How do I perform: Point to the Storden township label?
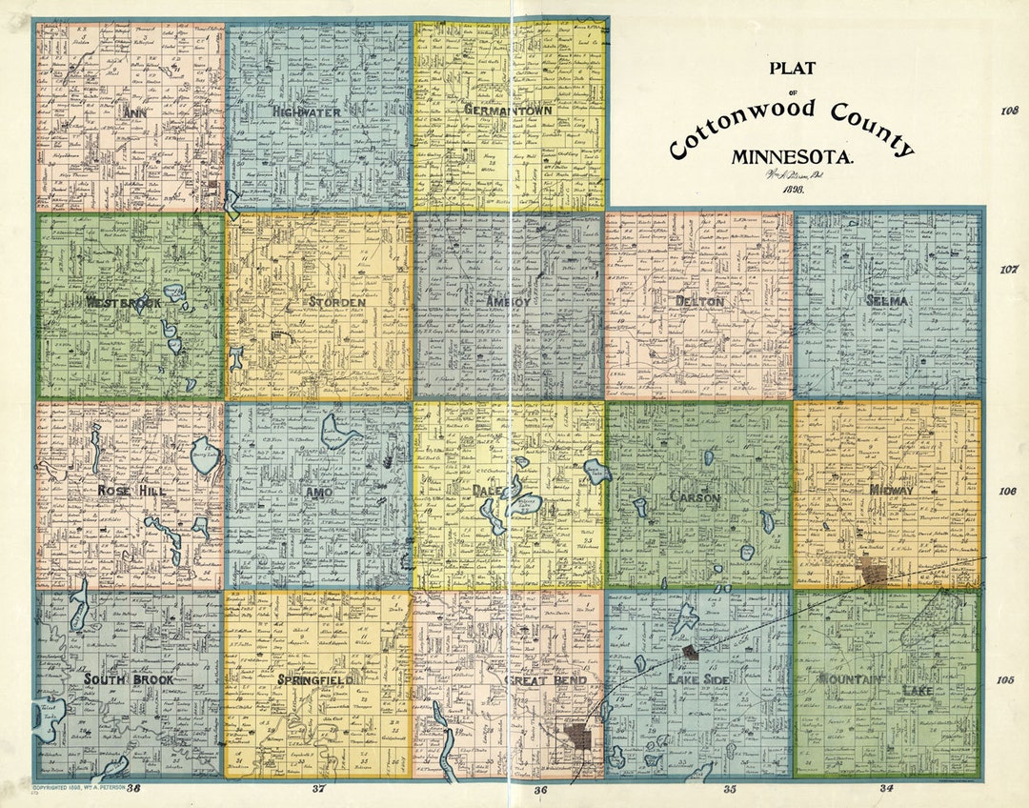click(x=336, y=302)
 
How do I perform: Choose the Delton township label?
click(x=700, y=301)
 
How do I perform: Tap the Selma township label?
click(x=887, y=301)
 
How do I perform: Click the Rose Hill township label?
click(x=128, y=491)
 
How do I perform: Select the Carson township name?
click(x=696, y=497)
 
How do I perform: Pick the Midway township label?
click(x=891, y=491)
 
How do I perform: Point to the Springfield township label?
click(x=318, y=680)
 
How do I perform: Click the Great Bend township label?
click(x=537, y=680)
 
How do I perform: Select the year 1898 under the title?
click(x=794, y=191)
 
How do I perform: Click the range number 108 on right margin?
click(x=1008, y=111)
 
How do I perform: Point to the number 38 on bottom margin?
click(x=133, y=789)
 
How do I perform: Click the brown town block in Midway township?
click(x=872, y=572)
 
